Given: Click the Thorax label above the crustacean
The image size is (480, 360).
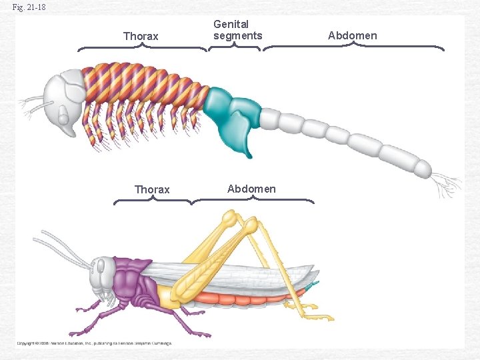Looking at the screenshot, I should (x=141, y=36).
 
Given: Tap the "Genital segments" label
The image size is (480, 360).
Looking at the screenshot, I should (x=237, y=30).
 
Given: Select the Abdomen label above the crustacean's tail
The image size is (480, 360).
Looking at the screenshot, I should (x=352, y=35).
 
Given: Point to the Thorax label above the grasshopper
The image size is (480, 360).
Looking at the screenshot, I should (x=152, y=189).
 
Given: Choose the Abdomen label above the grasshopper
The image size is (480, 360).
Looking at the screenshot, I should (x=251, y=189).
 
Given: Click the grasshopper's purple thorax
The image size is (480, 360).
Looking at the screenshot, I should (x=133, y=283).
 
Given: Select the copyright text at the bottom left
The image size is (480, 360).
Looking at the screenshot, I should (x=94, y=343).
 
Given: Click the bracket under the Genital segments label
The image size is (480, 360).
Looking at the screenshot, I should (x=235, y=47).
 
